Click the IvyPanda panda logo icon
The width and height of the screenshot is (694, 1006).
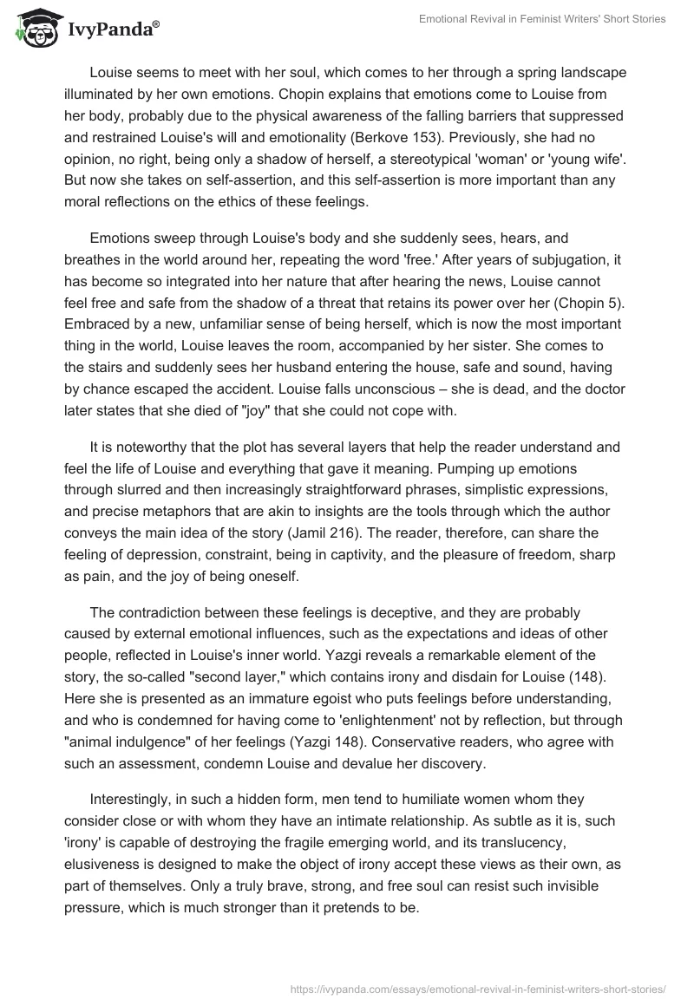pyautogui.click(x=33, y=28)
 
